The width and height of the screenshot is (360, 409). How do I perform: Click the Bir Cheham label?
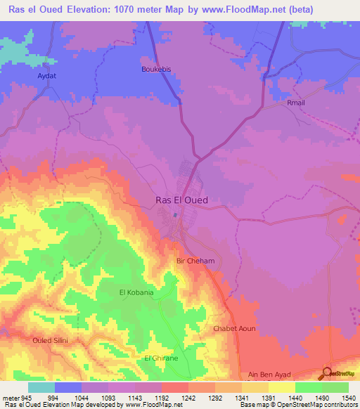coord(195,261)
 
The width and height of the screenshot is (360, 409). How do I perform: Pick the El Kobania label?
coord(136,292)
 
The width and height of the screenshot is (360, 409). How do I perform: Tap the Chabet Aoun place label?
coord(234,329)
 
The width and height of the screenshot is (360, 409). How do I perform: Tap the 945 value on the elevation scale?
coord(27,397)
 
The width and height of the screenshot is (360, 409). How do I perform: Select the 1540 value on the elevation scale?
coord(349,397)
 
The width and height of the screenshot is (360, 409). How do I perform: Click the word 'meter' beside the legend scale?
coord(9,397)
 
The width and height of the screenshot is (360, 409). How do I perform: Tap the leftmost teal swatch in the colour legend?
coord(41,387)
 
